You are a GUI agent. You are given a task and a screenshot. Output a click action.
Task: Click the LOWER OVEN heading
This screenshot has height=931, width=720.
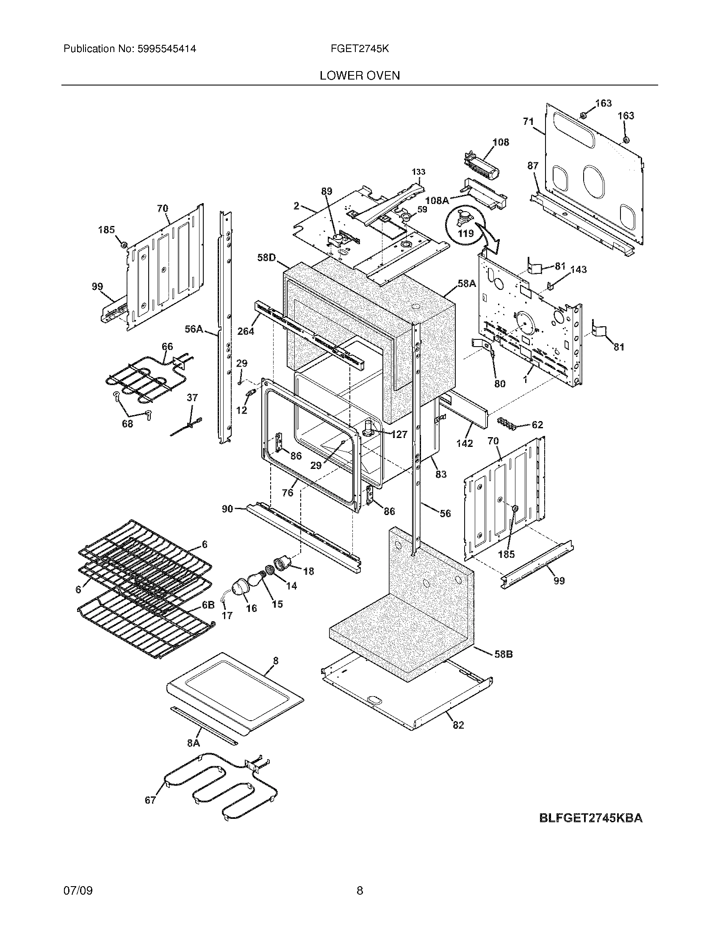click(360, 76)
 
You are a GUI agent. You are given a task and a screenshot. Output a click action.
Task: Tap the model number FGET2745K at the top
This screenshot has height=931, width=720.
click(360, 49)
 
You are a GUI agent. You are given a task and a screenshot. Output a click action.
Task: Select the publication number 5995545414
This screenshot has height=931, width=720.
click(166, 49)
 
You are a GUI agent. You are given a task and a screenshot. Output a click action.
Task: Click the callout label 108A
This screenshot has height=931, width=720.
click(437, 200)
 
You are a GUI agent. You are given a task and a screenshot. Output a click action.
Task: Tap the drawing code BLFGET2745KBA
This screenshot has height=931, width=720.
click(591, 818)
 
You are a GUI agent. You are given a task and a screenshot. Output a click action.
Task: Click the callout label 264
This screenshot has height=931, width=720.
click(246, 331)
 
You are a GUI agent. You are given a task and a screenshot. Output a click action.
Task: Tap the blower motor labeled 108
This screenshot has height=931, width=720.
click(482, 168)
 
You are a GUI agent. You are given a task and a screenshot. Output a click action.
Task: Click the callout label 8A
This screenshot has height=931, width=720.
click(193, 743)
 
